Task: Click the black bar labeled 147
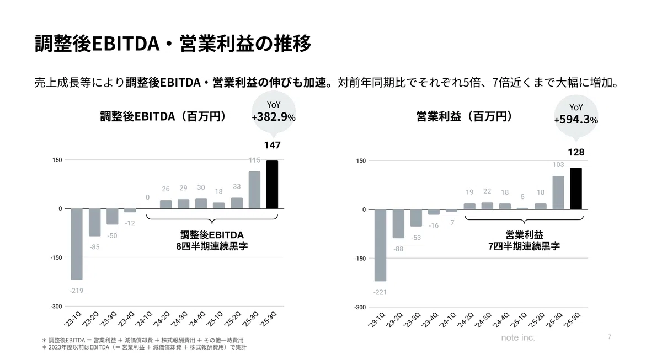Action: click(272, 185)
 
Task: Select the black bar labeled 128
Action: click(576, 189)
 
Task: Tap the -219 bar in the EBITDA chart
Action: click(77, 244)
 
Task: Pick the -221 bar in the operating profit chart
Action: click(380, 245)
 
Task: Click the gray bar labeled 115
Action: click(254, 190)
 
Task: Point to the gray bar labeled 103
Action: click(558, 193)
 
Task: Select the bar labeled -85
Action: click(94, 222)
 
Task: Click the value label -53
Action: click(416, 238)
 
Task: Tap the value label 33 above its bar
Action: click(237, 186)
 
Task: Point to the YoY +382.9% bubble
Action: click(274, 112)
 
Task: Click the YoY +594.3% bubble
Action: click(576, 116)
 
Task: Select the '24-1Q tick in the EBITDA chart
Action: click(143, 319)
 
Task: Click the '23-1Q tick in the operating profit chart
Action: click(376, 320)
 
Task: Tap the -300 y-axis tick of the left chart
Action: click(56, 307)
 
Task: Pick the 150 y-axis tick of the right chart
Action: click(361, 160)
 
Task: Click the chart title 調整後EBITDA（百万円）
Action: click(163, 116)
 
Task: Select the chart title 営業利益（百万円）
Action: click(465, 116)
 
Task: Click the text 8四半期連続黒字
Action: click(212, 246)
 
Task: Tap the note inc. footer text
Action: click(518, 337)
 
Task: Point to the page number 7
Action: click(610, 337)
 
